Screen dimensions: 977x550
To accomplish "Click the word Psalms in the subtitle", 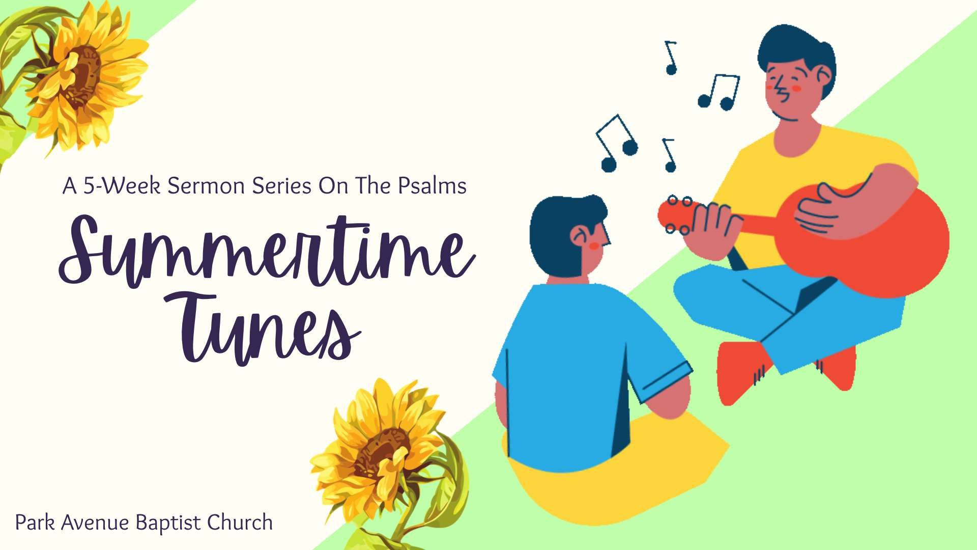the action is (432, 186).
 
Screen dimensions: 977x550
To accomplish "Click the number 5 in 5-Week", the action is (90, 186).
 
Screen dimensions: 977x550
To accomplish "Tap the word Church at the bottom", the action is (240, 522).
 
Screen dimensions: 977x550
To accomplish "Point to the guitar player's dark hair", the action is (796, 51).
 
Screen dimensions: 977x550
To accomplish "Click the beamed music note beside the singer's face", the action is (719, 92).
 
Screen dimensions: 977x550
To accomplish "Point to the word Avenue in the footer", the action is (95, 523).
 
